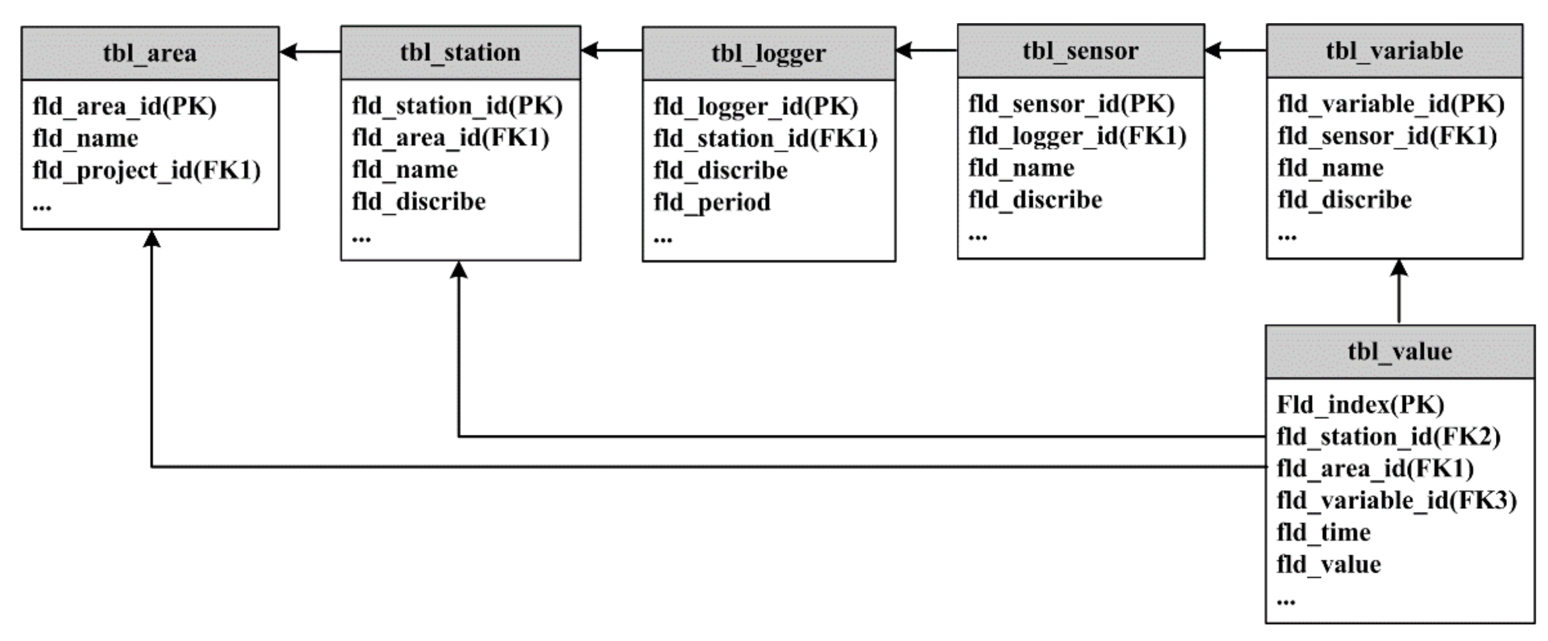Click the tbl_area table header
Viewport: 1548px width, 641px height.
(x=150, y=54)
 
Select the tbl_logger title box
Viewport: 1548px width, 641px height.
(x=769, y=54)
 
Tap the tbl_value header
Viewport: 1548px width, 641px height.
(x=1400, y=351)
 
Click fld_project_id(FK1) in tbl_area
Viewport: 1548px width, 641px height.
(x=147, y=171)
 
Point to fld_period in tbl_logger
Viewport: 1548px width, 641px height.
(x=711, y=202)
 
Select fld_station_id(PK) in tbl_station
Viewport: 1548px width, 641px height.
(x=457, y=106)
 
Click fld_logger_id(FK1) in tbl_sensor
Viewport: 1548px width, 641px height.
(x=1077, y=136)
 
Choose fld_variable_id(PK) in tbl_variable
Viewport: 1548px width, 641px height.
(x=1391, y=104)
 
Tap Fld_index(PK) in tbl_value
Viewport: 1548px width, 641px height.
(x=1360, y=405)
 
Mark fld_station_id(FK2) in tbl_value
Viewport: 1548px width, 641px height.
(x=1388, y=437)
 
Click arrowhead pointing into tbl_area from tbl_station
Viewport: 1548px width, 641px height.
(x=289, y=52)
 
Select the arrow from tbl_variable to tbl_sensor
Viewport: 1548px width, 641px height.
(x=1235, y=50)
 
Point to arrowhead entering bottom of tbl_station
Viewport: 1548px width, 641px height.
(x=459, y=270)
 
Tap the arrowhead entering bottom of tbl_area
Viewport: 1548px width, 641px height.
(x=151, y=239)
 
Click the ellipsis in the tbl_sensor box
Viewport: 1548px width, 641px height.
(x=977, y=237)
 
